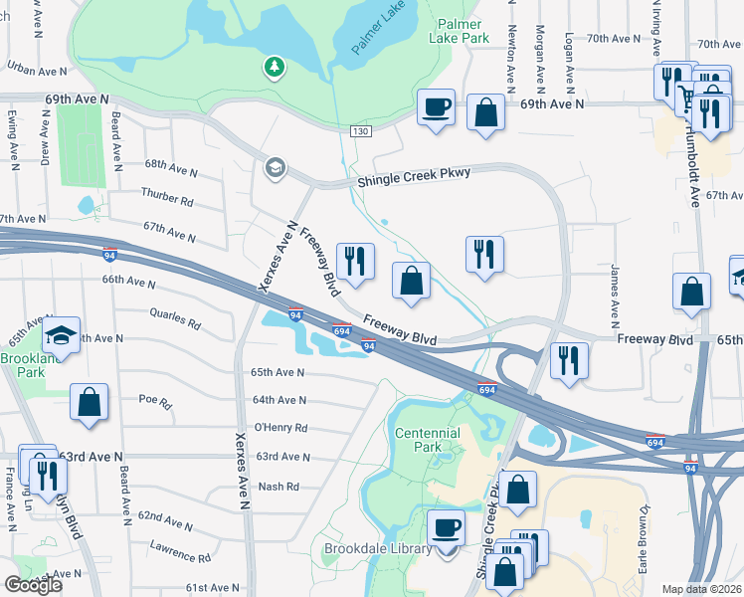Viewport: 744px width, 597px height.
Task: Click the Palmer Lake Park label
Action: coord(459,30)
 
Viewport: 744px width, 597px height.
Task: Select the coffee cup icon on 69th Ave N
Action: coord(436,105)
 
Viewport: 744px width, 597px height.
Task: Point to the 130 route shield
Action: coord(360,131)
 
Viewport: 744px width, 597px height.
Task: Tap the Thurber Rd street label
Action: coord(166,199)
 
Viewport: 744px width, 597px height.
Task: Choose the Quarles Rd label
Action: coord(174,323)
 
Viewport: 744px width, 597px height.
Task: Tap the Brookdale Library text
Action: coord(378,548)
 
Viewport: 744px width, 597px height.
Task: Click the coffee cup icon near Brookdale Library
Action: coord(446,527)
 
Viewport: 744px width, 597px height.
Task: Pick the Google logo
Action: coord(34,585)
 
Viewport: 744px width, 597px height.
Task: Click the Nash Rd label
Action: coord(279,487)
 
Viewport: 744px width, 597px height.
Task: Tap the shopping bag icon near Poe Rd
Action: coord(90,403)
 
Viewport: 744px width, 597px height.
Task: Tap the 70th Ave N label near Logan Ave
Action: coord(614,39)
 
